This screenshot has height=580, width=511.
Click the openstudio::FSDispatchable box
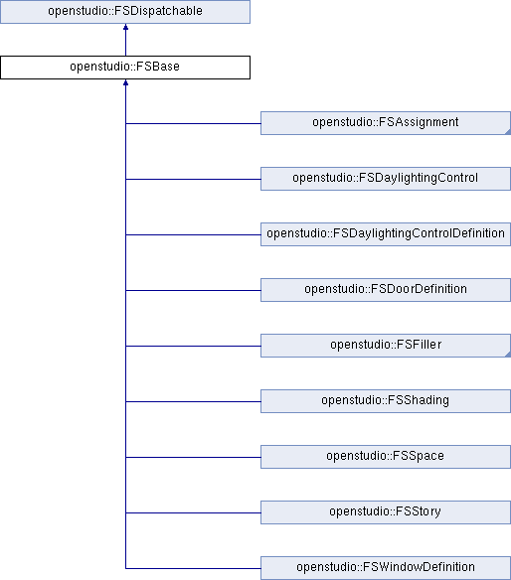[x=125, y=12]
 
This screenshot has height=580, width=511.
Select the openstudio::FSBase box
[x=125, y=68]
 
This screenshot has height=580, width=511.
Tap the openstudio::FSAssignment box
[x=386, y=123]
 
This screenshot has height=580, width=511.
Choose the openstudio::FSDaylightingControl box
[x=386, y=179]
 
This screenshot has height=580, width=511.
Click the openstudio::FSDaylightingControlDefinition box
[x=386, y=234]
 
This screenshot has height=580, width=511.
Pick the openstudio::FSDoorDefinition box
[x=386, y=290]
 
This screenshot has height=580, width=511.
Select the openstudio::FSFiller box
[x=386, y=346]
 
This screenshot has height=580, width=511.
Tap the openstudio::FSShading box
[x=386, y=401]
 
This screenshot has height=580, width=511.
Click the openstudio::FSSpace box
[x=386, y=457]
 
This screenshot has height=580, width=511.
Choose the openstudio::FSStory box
[x=386, y=512]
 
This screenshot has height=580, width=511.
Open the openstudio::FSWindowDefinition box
[x=386, y=568]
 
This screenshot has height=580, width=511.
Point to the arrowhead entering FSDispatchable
[x=125, y=27]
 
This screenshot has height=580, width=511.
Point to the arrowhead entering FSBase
[x=125, y=82]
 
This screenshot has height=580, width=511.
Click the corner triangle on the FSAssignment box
[x=508, y=132]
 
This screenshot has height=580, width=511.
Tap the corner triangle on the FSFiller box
[x=508, y=354]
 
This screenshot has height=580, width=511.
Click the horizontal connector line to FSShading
[x=193, y=401]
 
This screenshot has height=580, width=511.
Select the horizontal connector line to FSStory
[x=193, y=512]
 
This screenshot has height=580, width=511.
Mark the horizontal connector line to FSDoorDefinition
[x=193, y=290]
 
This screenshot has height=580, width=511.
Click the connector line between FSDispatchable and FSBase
[x=125, y=40]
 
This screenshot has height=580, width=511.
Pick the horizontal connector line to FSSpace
[x=193, y=457]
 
